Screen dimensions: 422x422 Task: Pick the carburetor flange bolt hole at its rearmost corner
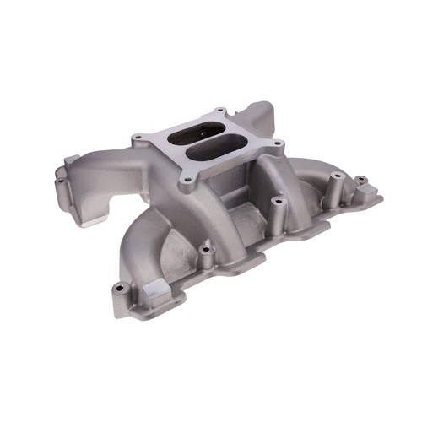pyautogui.click(x=220, y=112)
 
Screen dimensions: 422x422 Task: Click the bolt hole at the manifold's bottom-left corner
pyautogui.click(x=117, y=290)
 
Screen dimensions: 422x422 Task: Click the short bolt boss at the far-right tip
pyautogui.click(x=361, y=181)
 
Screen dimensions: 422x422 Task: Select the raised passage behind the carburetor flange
pyautogui.click(x=253, y=118)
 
